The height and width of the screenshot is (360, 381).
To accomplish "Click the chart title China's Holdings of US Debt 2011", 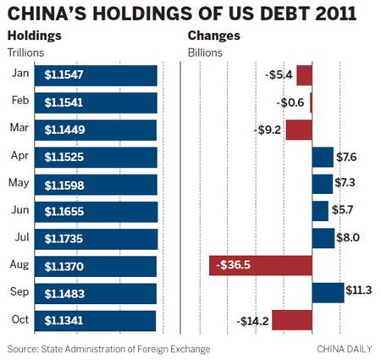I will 181,14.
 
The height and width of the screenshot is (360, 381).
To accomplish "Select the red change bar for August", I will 261,265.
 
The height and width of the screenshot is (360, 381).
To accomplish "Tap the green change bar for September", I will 328,292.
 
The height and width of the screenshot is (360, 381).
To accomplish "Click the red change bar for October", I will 291,319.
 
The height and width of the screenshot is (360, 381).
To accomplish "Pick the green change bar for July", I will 323,238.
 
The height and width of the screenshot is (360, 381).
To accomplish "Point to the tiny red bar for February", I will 311,102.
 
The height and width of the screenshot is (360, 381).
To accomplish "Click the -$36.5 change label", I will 236,265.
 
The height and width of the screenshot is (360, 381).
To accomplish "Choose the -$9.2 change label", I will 269,130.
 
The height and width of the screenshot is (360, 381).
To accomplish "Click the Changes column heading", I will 213,36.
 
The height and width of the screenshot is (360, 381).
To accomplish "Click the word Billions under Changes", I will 205,53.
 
